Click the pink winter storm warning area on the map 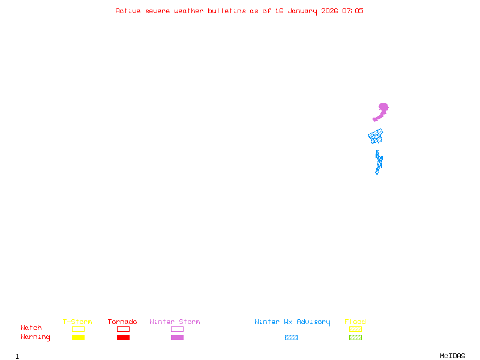click(383, 109)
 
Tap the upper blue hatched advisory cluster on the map click(376, 136)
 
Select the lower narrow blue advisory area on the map click(379, 162)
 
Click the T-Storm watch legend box click(78, 329)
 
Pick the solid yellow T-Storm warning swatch click(78, 337)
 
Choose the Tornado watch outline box click(123, 329)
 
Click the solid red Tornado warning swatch click(123, 337)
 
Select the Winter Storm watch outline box click(177, 329)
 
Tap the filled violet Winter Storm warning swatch click(177, 337)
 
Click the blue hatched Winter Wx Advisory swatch click(291, 337)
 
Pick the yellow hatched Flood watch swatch click(355, 329)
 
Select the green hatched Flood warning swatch click(355, 337)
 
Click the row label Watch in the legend click(31, 328)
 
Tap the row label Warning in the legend click(35, 337)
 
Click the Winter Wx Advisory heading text click(292, 322)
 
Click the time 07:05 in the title click(353, 11)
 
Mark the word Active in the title click(128, 11)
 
